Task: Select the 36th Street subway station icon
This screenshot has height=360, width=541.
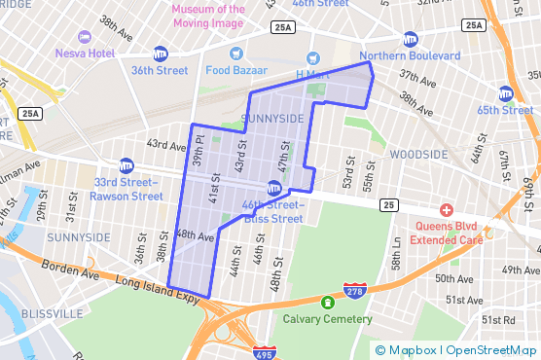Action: (160, 54)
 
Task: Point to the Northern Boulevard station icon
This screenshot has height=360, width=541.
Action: (410, 40)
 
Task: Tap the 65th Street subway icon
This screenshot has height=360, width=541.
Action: (505, 94)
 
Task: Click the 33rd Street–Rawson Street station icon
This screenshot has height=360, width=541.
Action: (126, 165)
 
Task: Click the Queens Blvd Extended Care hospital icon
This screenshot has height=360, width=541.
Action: (447, 210)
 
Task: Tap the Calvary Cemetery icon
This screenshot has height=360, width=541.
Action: (327, 303)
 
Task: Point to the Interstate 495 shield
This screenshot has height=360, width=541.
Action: (263, 352)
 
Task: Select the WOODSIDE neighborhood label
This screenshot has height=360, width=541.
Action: (418, 155)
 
